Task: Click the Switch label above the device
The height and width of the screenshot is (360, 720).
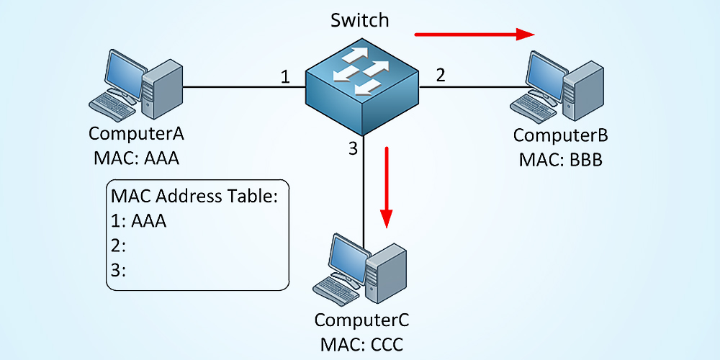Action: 360,20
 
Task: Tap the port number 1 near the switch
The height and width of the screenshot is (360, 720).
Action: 285,76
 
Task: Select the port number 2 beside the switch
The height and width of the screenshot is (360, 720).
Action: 441,74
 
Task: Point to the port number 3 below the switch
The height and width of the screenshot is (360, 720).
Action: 352,149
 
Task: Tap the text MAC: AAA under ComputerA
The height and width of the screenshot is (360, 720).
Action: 136,157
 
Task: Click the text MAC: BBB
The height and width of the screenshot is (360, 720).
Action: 560,158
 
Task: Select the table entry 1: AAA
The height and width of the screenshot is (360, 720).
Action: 138,221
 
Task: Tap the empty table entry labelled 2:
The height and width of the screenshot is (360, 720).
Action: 119,246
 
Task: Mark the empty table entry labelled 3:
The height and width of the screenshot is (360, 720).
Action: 119,270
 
